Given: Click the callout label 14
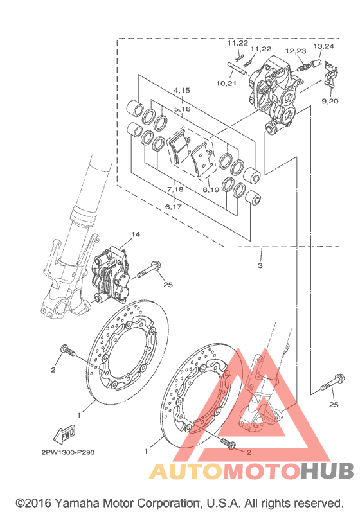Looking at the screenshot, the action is coord(136,234).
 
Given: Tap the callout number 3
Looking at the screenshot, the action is coord(260,265).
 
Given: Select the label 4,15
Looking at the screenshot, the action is coord(182,90).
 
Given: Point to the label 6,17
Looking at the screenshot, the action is coord(173,207).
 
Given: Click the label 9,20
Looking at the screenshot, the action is coord(330,102).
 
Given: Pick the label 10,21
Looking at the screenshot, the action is coord(226,84).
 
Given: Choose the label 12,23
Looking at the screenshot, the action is coord(296,51).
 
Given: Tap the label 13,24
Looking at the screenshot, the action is coord(324,46).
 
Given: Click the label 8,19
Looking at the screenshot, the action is coord(211,190).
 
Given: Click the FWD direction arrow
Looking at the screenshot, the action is coord(64,434).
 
